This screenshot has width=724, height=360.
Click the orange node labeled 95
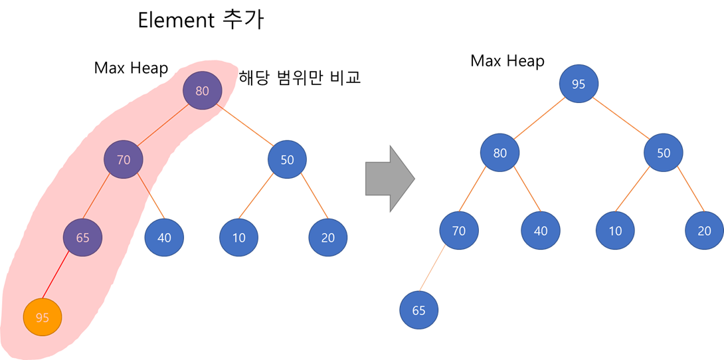pyautogui.click(x=43, y=317)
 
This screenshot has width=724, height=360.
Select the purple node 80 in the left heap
pyautogui.click(x=202, y=90)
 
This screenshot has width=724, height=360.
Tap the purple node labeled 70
pyautogui.click(x=124, y=159)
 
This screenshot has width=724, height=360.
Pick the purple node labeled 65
pyautogui.click(x=82, y=238)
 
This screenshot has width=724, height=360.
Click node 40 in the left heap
pyautogui.click(x=164, y=238)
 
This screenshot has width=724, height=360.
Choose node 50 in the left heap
pyautogui.click(x=287, y=159)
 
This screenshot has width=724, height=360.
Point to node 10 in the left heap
pyautogui.click(x=239, y=238)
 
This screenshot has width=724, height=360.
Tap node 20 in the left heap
pyautogui.click(x=328, y=238)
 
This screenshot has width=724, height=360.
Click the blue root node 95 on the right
pyautogui.click(x=579, y=84)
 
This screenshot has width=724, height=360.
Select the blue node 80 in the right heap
pyautogui.click(x=500, y=153)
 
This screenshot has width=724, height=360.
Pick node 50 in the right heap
pyautogui.click(x=664, y=153)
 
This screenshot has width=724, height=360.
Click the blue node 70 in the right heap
pyautogui.click(x=459, y=231)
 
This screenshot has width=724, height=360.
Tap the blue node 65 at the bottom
pyautogui.click(x=419, y=310)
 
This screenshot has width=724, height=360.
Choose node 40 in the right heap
pyautogui.click(x=541, y=231)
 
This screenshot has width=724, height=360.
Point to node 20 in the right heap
pyautogui.click(x=705, y=231)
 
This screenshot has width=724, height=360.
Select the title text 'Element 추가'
pyautogui.click(x=201, y=20)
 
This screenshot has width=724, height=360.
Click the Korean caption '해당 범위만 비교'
pyautogui.click(x=300, y=78)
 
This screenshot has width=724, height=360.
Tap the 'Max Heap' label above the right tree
pyautogui.click(x=507, y=61)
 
